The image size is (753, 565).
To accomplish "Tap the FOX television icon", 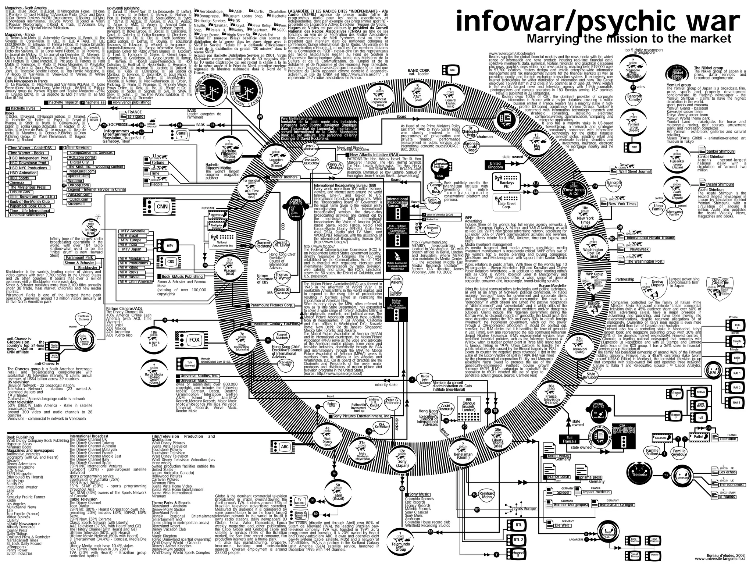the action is [x=191, y=340].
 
